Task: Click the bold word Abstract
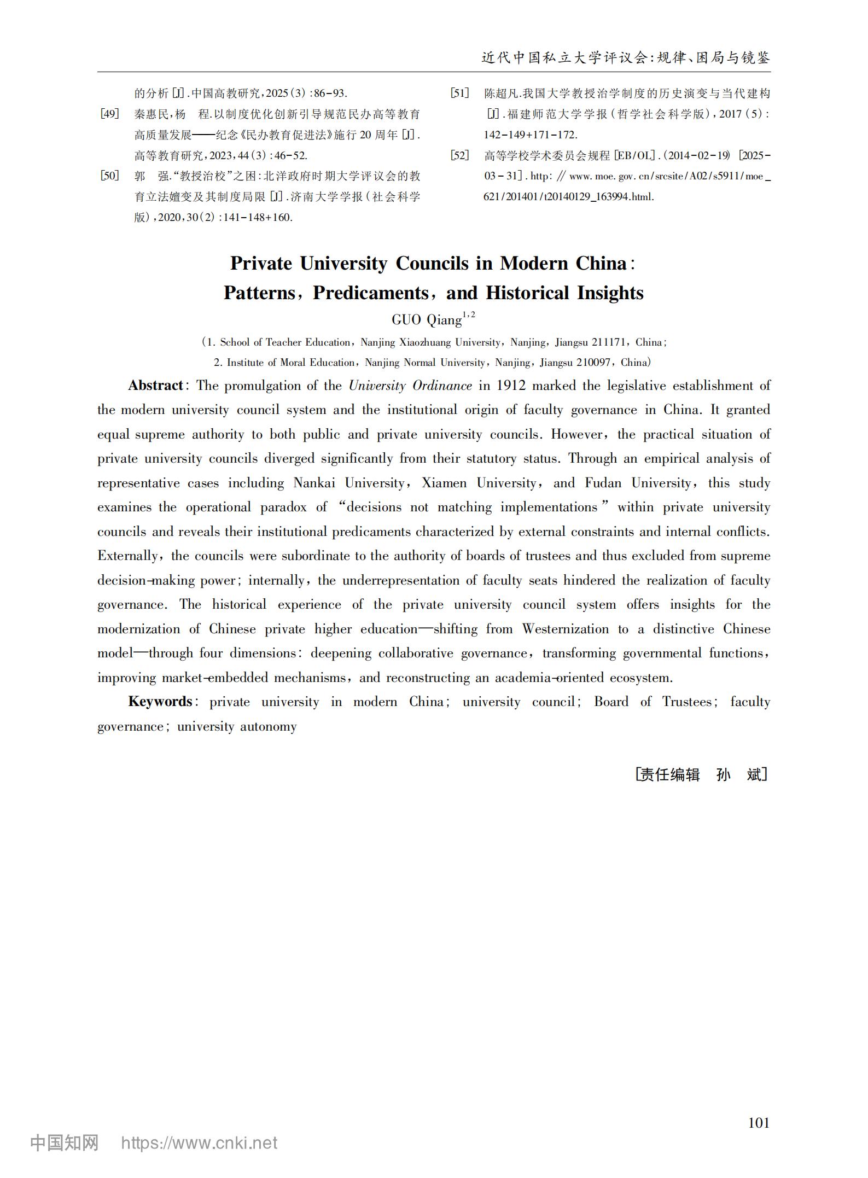click(x=155, y=386)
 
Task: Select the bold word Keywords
click(x=160, y=702)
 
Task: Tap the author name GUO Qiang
click(x=427, y=320)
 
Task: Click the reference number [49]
click(x=109, y=114)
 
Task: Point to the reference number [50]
click(x=109, y=176)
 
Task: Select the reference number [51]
click(x=459, y=94)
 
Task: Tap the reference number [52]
click(x=459, y=156)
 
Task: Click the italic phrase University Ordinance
click(x=410, y=386)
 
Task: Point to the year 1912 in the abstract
click(x=511, y=386)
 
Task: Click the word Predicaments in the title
click(x=370, y=293)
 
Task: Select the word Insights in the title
click(x=610, y=293)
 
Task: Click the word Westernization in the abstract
click(x=565, y=629)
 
